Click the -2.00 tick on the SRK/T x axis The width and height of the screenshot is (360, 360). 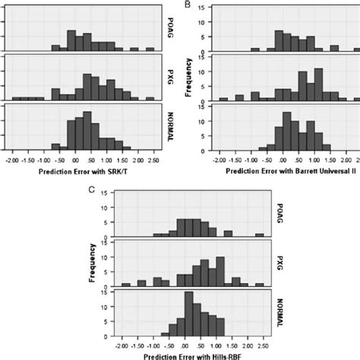pos(12,161)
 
